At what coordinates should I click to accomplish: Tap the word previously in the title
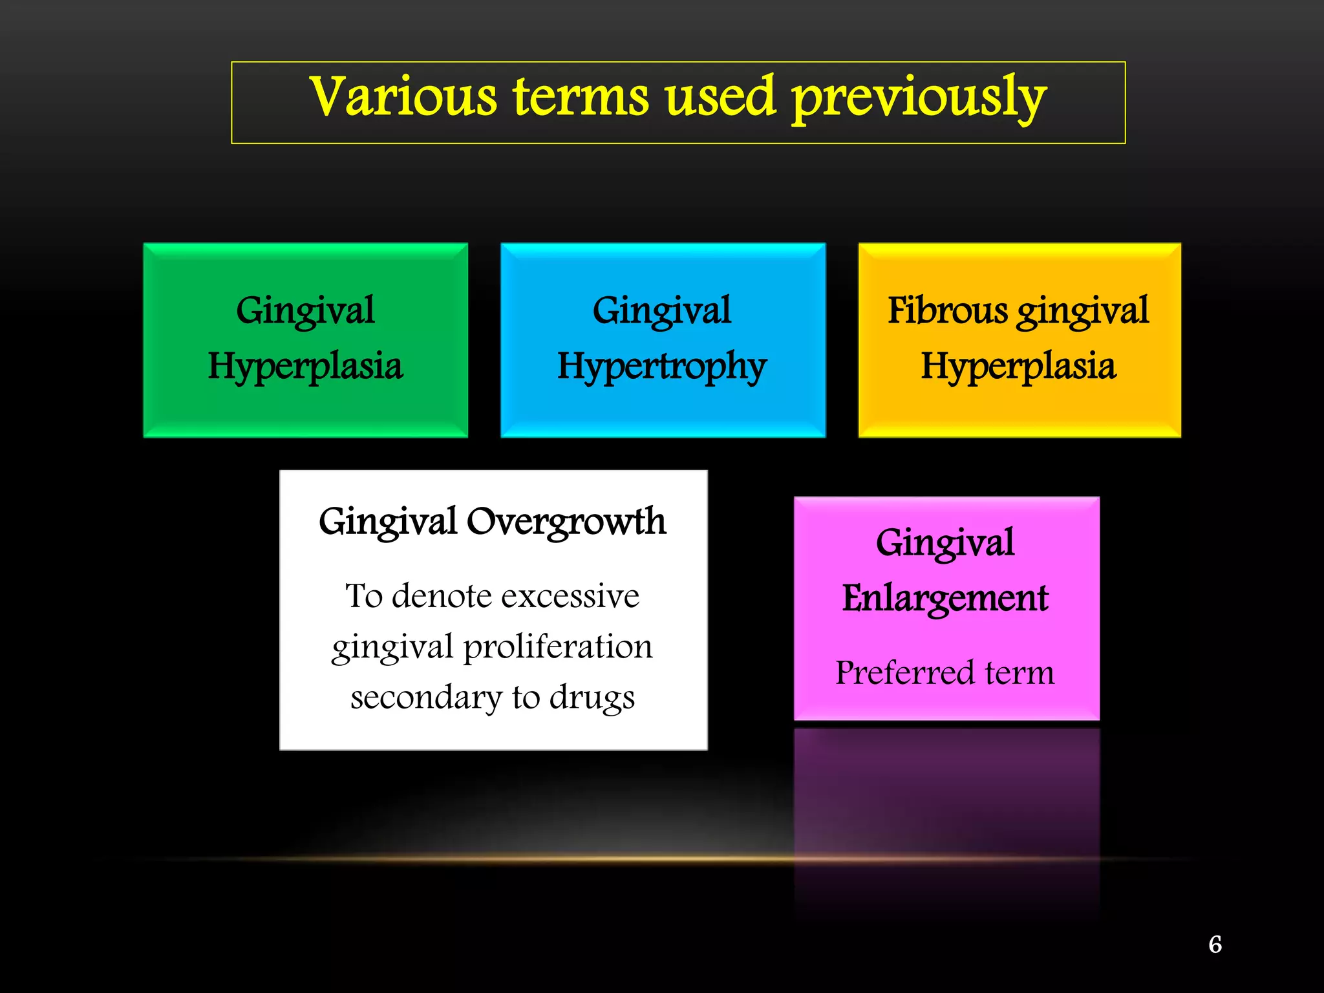click(x=919, y=98)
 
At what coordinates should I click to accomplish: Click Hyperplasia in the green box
click(x=305, y=366)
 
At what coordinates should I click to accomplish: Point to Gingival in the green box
click(x=305, y=311)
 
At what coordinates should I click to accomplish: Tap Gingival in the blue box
click(x=662, y=311)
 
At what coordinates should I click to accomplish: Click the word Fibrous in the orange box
click(x=947, y=310)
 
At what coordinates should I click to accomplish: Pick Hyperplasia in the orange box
click(x=1018, y=366)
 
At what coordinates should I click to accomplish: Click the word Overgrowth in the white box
click(x=566, y=522)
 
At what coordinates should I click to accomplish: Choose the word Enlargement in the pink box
click(x=945, y=598)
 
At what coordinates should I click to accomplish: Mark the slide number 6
click(x=1215, y=945)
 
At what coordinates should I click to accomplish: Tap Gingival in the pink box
click(x=945, y=542)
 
